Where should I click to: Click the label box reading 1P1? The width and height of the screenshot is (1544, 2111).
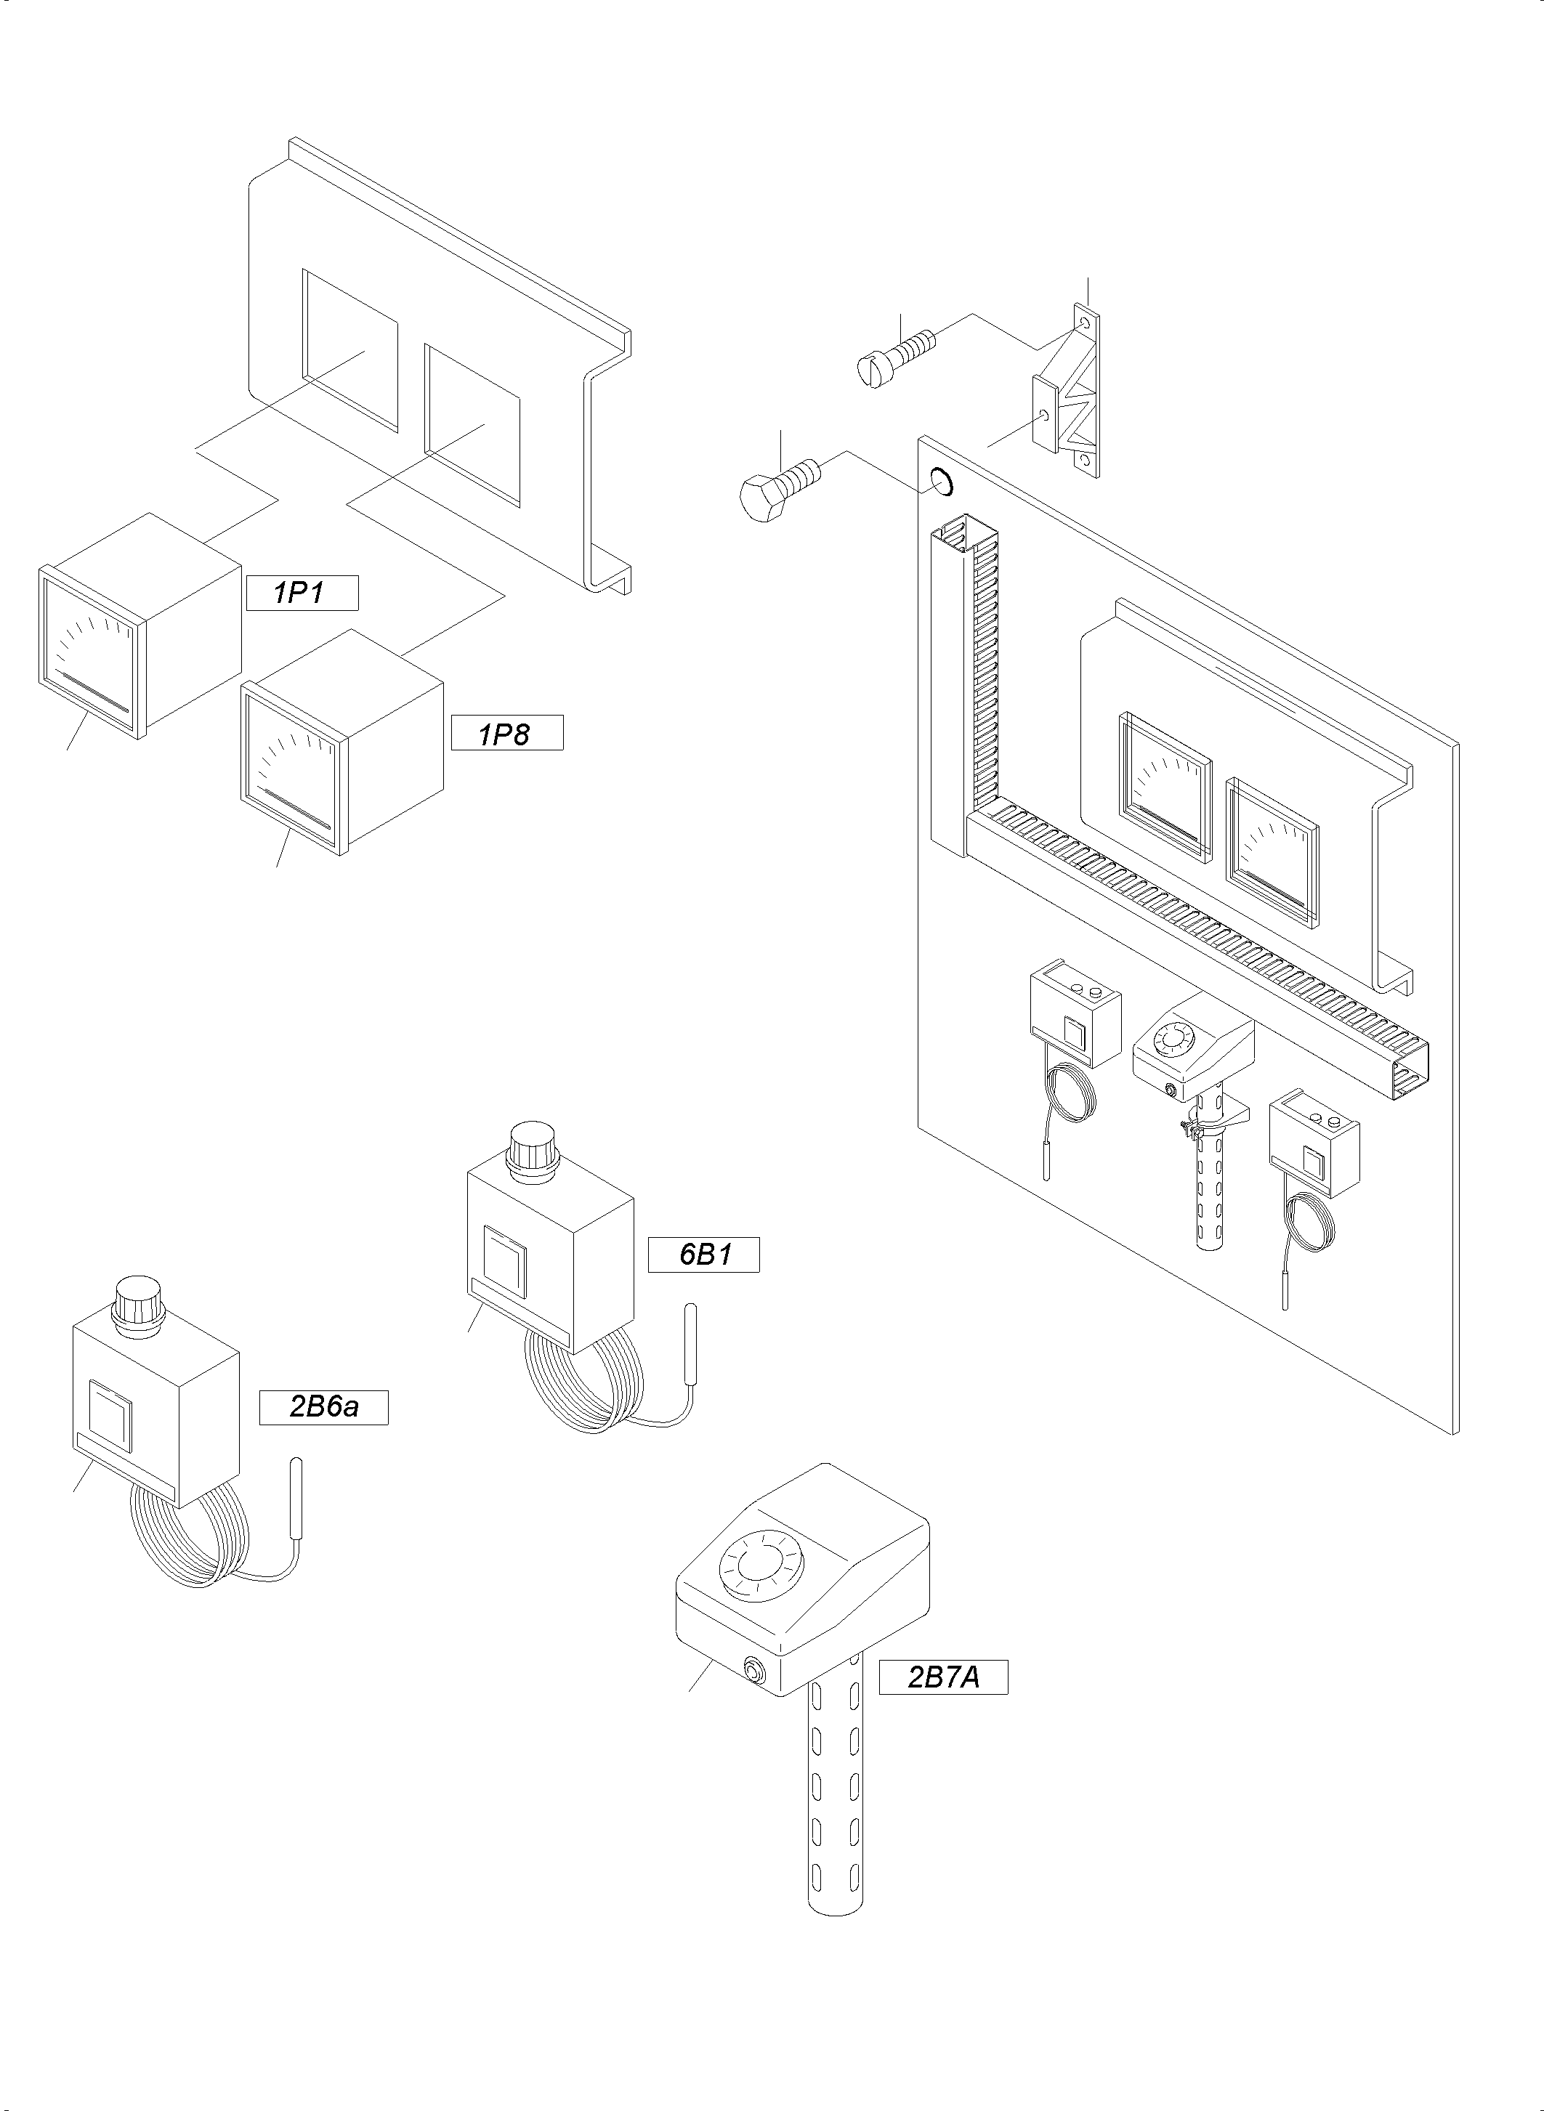pyautogui.click(x=302, y=593)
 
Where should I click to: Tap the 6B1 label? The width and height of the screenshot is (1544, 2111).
pyautogui.click(x=703, y=1254)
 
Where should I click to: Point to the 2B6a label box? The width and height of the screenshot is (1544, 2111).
pyautogui.click(x=323, y=1407)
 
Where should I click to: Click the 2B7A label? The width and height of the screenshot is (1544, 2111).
pyautogui.click(x=943, y=1677)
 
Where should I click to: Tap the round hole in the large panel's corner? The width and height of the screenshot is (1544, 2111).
pyautogui.click(x=941, y=482)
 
